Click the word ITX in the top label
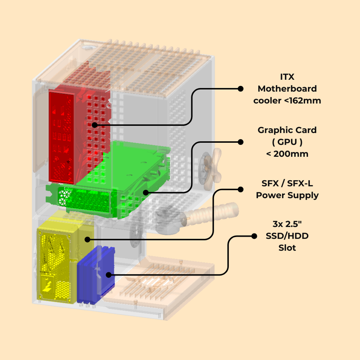tap(287, 77)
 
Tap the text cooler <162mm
tap(287, 101)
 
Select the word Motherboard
tap(287, 89)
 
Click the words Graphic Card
tap(287, 130)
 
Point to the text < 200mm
tap(287, 154)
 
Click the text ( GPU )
tap(287, 142)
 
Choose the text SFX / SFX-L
tap(287, 183)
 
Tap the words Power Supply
tap(287, 195)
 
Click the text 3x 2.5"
tap(287, 224)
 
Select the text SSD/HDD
tap(287, 236)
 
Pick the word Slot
tap(287, 248)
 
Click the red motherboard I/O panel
tap(62, 137)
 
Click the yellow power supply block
tap(56, 260)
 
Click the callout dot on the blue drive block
tap(109, 275)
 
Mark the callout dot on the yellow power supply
tap(87, 239)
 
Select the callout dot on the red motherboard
tap(94, 125)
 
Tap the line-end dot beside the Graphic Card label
tap(240, 142)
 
